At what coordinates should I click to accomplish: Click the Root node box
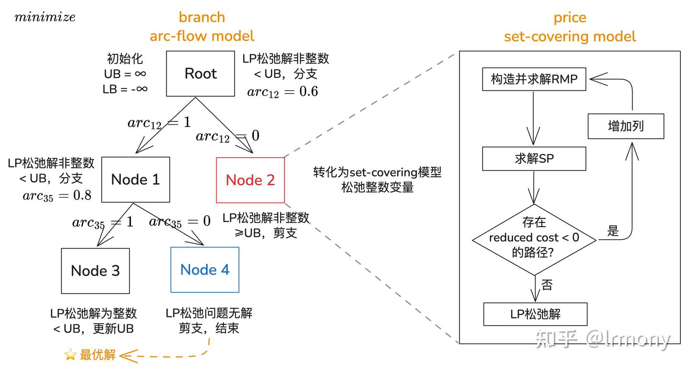pos(200,74)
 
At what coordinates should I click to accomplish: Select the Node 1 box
pos(136,180)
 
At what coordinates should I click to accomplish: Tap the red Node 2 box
pos(250,180)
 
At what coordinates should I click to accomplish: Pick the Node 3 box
pos(95,271)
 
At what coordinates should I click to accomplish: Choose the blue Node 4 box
pos(204,270)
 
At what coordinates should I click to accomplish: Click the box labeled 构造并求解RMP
pos(534,79)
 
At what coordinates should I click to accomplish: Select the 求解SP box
pos(534,159)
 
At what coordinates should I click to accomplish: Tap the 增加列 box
pos(625,126)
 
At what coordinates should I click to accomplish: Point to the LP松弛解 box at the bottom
pos(535,314)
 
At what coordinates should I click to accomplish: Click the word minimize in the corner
pos(45,18)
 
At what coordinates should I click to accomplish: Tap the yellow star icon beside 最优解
pos(70,355)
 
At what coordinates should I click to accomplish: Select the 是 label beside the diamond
pos(613,231)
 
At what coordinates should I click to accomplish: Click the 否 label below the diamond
pos(547,285)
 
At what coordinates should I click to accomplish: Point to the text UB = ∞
pos(125,74)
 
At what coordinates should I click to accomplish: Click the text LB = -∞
pos(125,89)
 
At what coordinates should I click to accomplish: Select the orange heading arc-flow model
pos(202,36)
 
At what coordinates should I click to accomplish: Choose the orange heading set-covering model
pos(570,37)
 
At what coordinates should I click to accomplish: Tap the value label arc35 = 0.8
pos(57,196)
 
